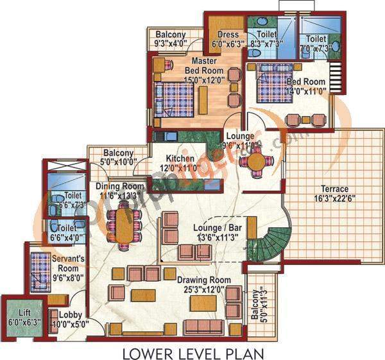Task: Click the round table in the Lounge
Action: tap(256, 160)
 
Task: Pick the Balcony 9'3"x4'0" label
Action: tap(170, 39)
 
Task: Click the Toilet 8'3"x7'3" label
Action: tap(266, 40)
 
